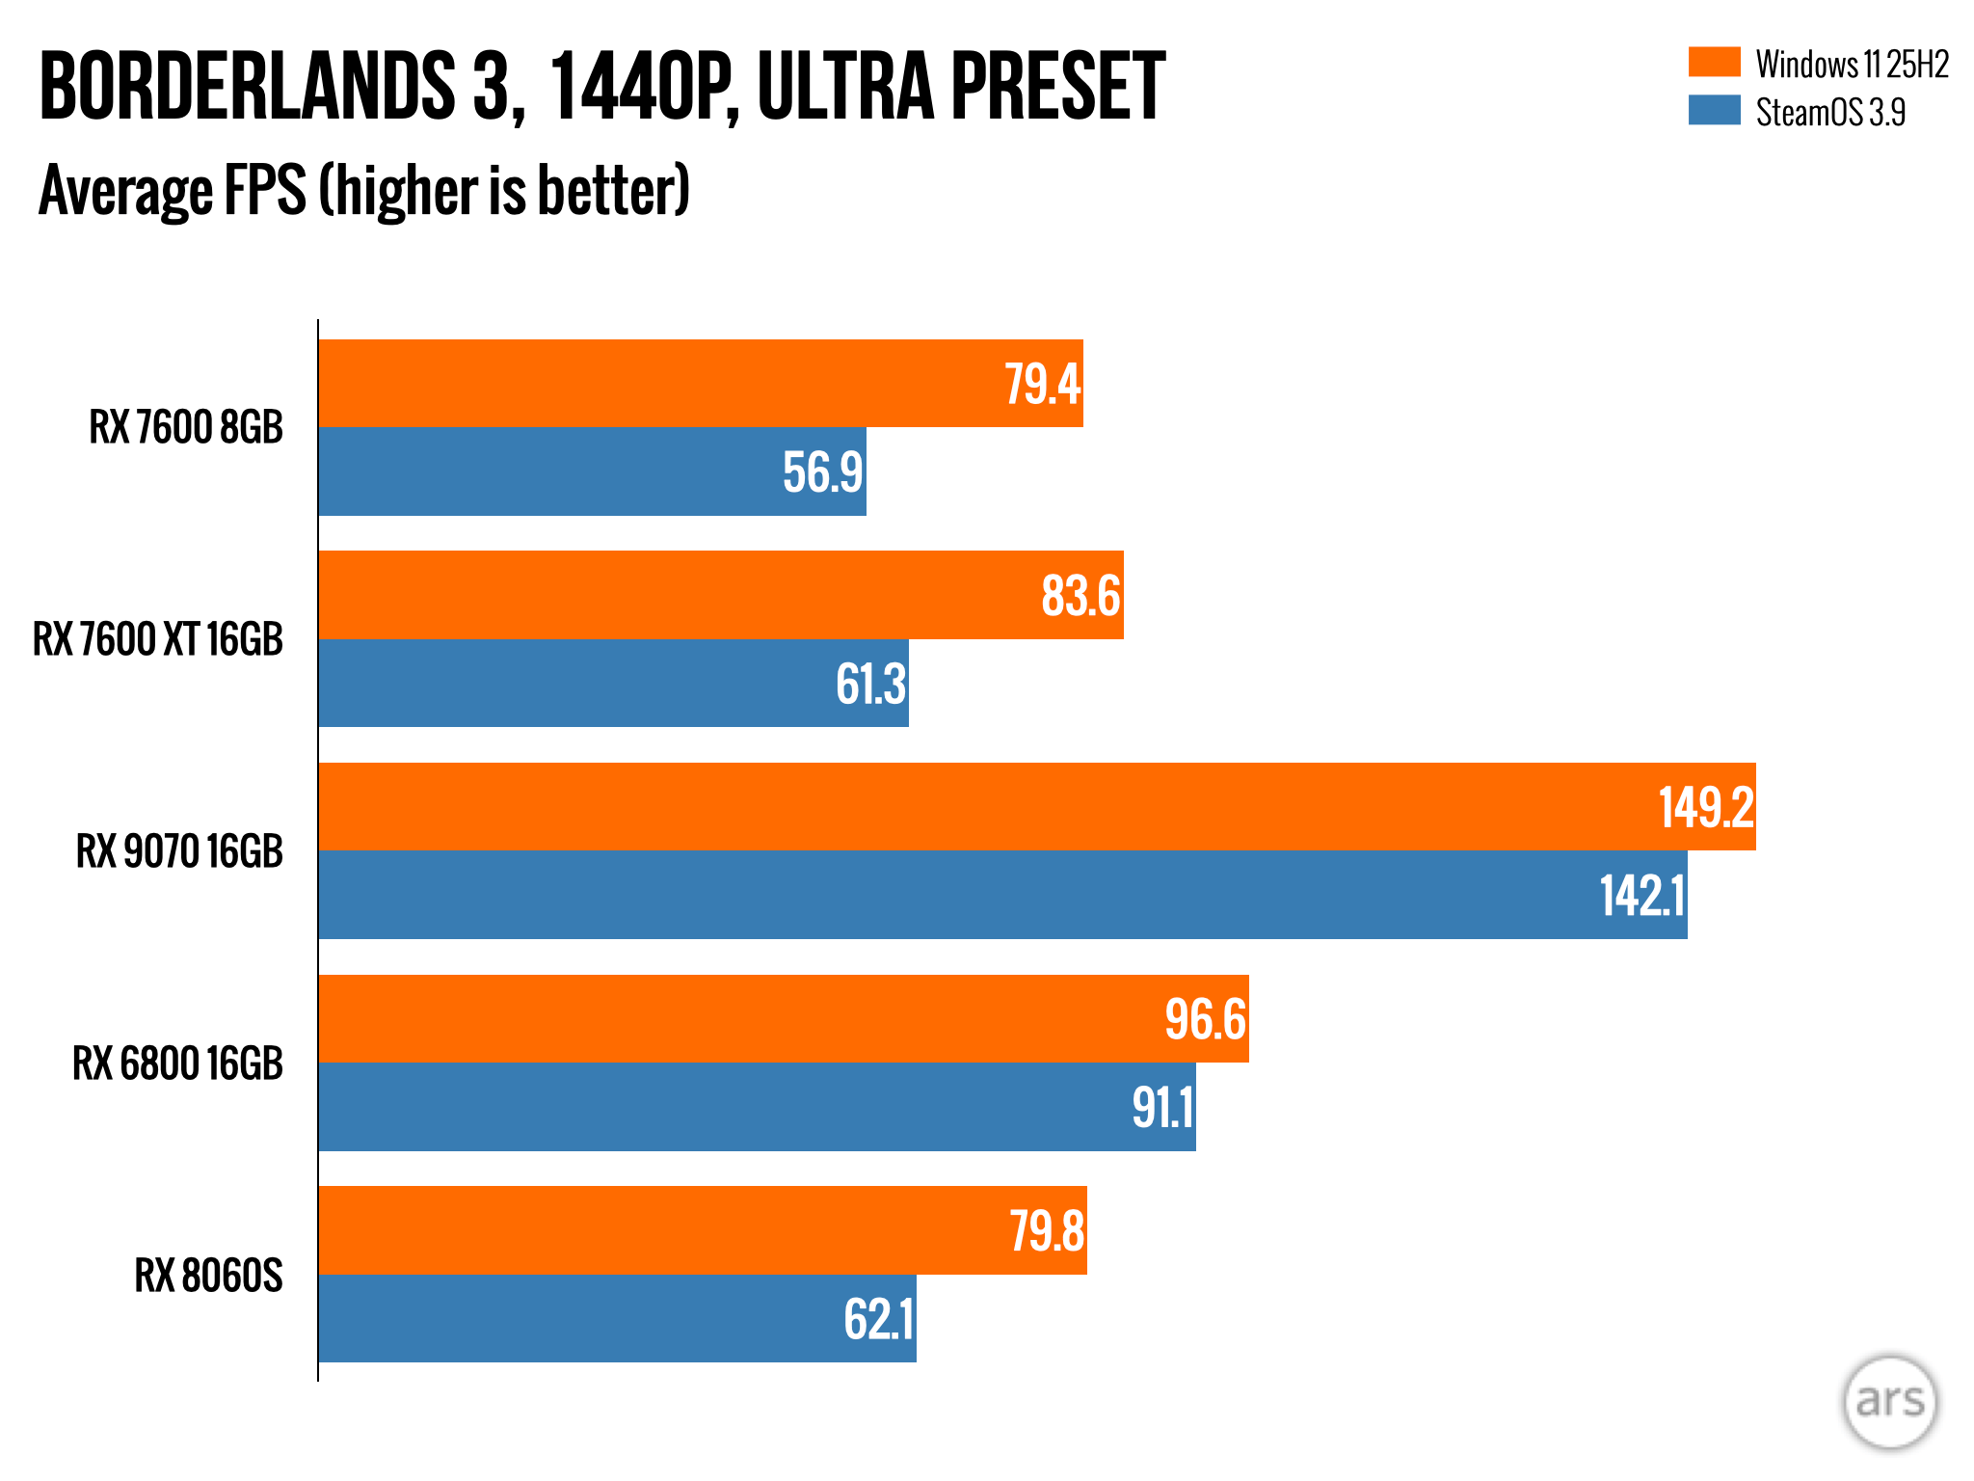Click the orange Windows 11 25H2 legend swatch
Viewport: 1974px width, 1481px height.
[1714, 63]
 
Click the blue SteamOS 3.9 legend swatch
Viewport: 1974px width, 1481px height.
[1714, 110]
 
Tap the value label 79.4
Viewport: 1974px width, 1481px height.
[1042, 384]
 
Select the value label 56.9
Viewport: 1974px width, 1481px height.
[822, 472]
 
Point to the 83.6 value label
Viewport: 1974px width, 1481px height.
[1080, 596]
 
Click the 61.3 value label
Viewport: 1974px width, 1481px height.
[870, 685]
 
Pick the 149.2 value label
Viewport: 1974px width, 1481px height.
[1705, 807]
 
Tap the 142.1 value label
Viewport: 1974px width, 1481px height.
[1641, 896]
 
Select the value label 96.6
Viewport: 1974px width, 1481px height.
[1205, 1019]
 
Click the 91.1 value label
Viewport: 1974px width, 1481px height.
[1162, 1108]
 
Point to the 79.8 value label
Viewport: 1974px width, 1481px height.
[1047, 1231]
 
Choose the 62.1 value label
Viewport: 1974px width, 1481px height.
[878, 1319]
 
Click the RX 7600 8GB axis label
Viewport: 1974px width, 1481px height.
[186, 427]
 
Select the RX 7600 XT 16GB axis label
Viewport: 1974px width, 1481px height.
[158, 639]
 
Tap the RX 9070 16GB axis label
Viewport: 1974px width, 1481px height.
[179, 851]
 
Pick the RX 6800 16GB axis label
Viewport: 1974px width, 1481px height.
[177, 1064]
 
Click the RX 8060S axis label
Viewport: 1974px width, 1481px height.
[208, 1276]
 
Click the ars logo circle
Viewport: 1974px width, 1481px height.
[1889, 1402]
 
